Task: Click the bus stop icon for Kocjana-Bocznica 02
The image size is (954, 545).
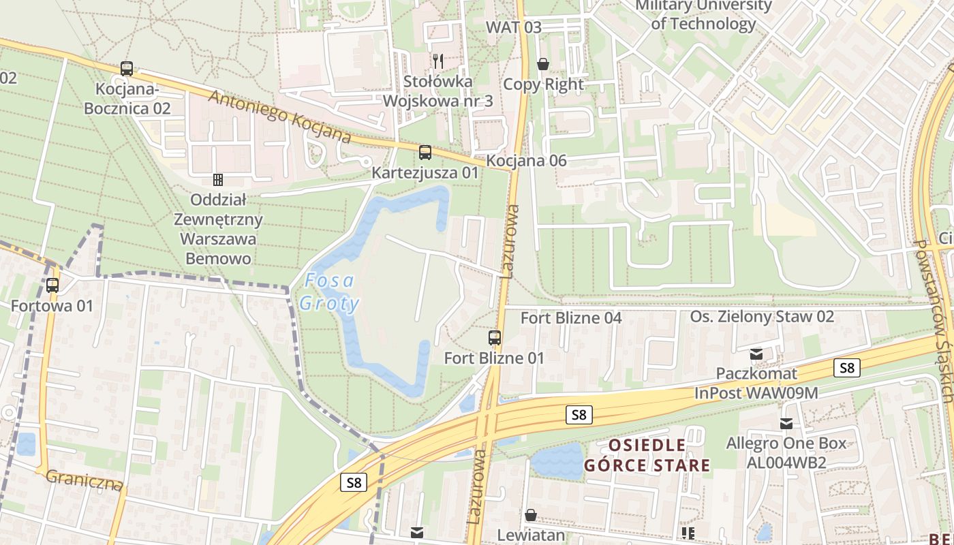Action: (127, 68)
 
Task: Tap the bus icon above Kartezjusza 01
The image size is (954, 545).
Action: (425, 152)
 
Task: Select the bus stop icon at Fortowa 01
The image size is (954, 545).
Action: (52, 285)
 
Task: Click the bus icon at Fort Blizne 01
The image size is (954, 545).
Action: (495, 337)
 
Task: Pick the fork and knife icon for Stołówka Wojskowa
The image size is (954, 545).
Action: (438, 61)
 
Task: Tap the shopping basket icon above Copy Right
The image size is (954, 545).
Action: (543, 64)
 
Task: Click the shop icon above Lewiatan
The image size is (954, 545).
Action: (531, 515)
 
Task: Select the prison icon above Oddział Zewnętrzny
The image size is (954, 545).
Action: (218, 180)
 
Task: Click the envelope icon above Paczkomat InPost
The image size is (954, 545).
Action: (756, 354)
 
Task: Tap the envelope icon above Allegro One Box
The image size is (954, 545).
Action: (786, 424)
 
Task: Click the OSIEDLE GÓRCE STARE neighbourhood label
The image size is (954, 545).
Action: (647, 455)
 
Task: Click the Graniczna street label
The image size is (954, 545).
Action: (85, 480)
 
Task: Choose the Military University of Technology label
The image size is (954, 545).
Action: (703, 15)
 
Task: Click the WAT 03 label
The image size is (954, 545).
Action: (513, 27)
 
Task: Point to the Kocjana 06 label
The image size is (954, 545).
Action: (527, 161)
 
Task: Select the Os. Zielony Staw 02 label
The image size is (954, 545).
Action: (762, 317)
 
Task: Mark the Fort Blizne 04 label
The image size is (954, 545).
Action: (571, 318)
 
